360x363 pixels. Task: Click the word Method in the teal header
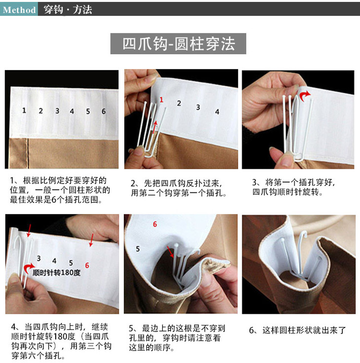pos(19,10)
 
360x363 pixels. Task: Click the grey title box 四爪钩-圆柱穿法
pos(178,43)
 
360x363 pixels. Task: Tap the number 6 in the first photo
pos(104,111)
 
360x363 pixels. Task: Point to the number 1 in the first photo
pos(24,110)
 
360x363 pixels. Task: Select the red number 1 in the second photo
pos(161,100)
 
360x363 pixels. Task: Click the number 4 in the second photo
pos(217,112)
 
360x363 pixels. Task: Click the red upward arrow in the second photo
pos(154,127)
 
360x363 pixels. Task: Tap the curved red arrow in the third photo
pos(304,95)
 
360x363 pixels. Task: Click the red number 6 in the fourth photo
pos(87,265)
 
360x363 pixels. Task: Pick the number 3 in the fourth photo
pos(38,258)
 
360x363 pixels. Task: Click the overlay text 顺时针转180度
pos(57,273)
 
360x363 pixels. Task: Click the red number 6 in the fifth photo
pos(155,224)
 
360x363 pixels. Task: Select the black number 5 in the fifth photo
pos(138,249)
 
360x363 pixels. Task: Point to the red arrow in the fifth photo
pos(171,252)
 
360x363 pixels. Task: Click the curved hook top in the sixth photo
pos(303,235)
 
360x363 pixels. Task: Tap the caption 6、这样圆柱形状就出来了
pos(297,330)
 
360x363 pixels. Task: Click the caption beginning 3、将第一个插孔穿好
pos(293,187)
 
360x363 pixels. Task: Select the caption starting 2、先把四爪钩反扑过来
pos(179,188)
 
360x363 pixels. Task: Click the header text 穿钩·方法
pos(68,10)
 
